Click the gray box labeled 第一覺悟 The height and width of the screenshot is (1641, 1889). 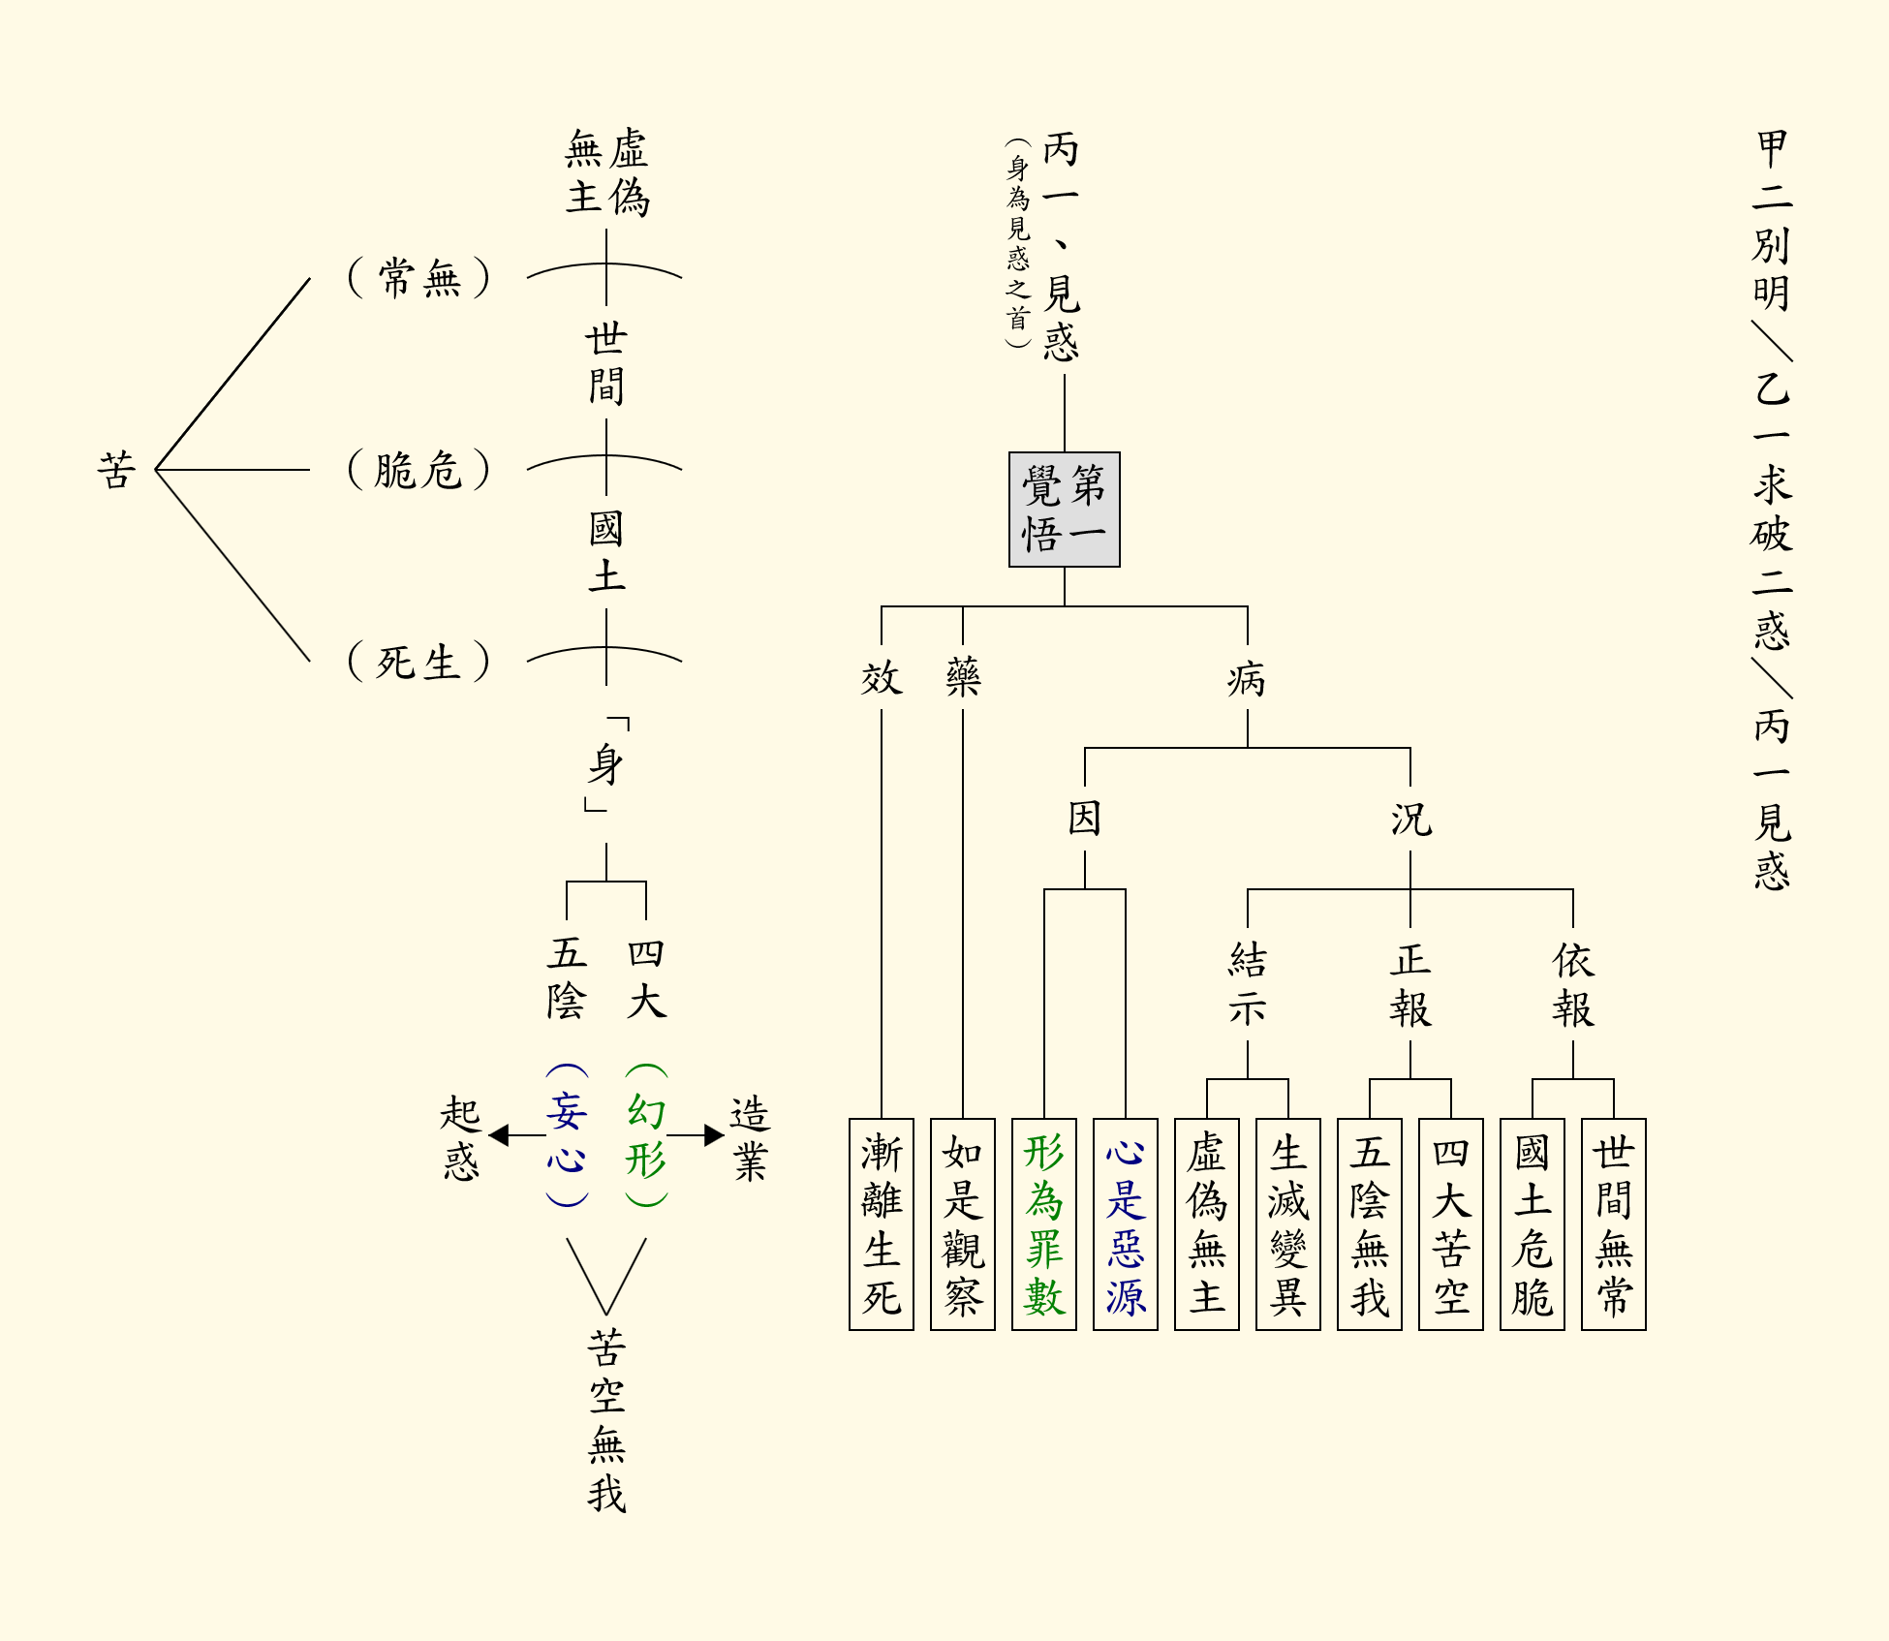1064,510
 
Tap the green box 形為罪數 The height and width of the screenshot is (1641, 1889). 1043,1224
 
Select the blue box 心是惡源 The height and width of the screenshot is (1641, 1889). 1125,1224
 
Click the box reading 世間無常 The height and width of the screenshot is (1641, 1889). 1613,1224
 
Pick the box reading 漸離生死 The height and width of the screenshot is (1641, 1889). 881,1224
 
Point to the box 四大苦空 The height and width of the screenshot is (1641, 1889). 1450,1224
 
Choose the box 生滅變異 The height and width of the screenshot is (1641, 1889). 1287,1224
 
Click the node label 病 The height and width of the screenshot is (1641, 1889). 1247,679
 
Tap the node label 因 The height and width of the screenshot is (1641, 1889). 1084,819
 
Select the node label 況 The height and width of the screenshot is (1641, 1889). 1409,819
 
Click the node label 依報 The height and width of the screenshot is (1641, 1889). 1572,984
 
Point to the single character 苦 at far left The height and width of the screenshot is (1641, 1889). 116,470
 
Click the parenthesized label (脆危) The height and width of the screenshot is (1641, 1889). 418,470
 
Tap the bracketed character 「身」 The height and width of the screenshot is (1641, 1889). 606,764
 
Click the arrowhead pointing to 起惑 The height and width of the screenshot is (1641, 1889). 499,1135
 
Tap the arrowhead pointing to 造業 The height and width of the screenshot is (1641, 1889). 715,1135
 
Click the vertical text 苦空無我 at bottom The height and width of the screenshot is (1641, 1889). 606,1420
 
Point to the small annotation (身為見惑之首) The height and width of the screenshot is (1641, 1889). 1017,242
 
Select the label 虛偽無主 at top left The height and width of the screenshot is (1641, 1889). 607,172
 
